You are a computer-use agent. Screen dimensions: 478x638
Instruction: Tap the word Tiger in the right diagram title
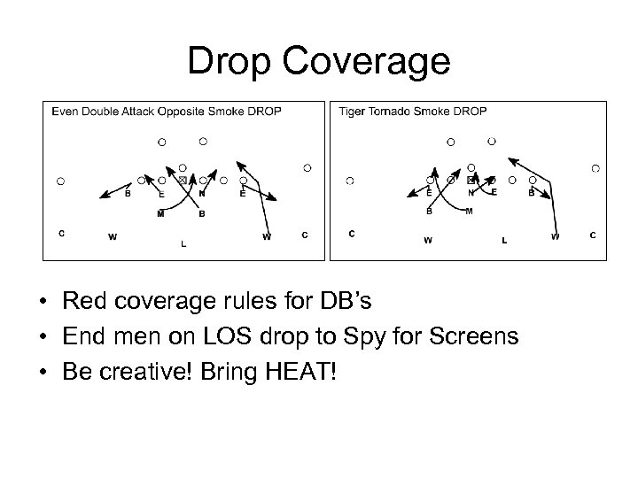point(353,112)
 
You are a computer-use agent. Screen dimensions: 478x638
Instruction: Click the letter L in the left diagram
point(183,243)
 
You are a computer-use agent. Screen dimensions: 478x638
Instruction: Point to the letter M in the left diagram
point(160,213)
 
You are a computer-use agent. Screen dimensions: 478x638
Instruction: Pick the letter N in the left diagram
point(202,193)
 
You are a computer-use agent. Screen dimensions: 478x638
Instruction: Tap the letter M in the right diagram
point(469,211)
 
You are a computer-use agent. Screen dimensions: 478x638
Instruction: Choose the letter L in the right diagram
point(504,240)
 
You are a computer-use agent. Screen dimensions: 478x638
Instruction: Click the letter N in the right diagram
point(471,191)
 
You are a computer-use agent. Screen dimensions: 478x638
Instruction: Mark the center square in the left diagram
point(183,181)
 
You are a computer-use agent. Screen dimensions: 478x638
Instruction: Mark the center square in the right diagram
point(471,180)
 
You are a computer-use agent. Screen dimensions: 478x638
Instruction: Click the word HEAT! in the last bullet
point(309,367)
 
